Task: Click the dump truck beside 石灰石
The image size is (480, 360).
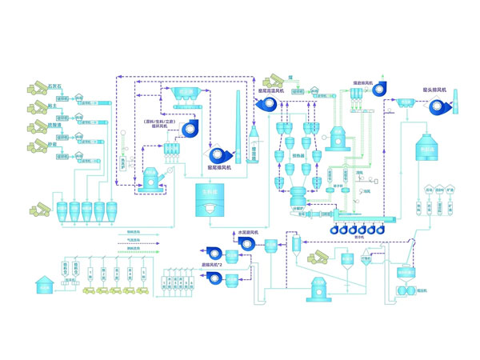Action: point(38,86)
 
